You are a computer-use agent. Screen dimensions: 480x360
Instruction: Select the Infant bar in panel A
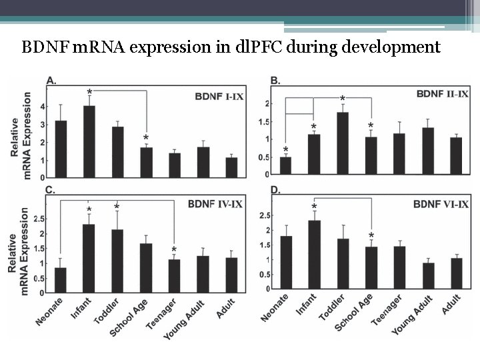click(x=89, y=142)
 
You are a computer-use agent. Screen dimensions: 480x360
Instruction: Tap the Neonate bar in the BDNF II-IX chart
click(x=285, y=165)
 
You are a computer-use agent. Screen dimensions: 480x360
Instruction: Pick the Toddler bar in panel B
click(x=343, y=143)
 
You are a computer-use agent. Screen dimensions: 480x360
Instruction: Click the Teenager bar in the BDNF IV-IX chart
click(x=175, y=276)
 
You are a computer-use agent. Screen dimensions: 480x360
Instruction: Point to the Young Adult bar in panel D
click(x=428, y=276)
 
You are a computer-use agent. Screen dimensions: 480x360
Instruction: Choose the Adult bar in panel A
click(x=231, y=168)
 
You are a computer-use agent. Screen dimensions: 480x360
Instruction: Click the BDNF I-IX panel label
click(x=219, y=97)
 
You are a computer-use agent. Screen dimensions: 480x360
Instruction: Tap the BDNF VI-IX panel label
click(x=441, y=204)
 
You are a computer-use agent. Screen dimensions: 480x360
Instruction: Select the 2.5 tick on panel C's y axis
click(x=39, y=219)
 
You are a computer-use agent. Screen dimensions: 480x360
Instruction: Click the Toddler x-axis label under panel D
click(x=332, y=307)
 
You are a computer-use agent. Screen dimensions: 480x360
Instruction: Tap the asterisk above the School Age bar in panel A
click(x=146, y=138)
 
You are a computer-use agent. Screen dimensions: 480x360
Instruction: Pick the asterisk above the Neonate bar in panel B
click(x=285, y=150)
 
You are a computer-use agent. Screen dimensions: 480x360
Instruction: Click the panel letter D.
click(x=275, y=190)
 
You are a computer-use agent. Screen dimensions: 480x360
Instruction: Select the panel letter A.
click(x=51, y=81)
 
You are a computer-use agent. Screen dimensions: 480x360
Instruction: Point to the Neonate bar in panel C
click(x=61, y=281)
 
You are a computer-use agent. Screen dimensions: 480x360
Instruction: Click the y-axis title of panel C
click(x=18, y=251)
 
